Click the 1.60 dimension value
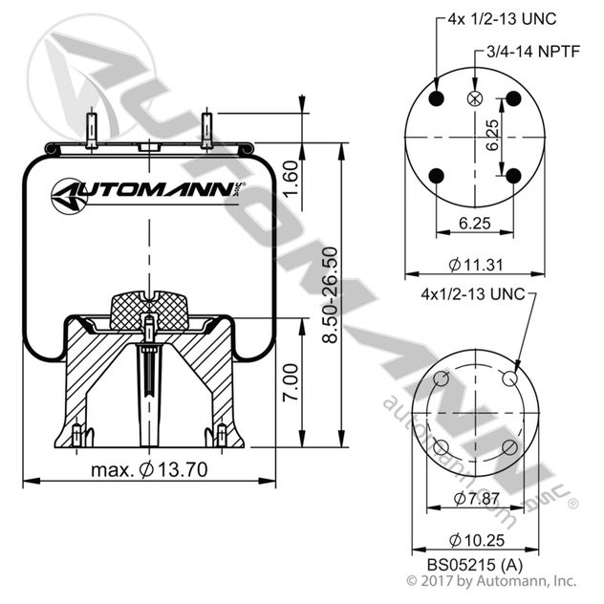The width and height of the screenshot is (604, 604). pos(291,178)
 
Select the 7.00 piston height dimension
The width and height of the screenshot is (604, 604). pos(291,382)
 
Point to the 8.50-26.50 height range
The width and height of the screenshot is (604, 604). pos(331,295)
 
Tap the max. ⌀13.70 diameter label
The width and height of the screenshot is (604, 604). pos(149,469)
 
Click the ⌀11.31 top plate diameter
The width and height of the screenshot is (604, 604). pos(476,265)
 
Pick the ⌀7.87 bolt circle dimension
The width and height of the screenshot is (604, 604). pos(477,499)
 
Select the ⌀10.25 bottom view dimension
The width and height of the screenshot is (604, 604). pos(477,540)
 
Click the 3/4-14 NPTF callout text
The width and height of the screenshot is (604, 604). pos(533,52)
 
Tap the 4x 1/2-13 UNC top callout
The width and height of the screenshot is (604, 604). pos(502,18)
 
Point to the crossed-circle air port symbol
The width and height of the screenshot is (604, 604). pos(475,98)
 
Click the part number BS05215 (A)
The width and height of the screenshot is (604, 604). pos(475,565)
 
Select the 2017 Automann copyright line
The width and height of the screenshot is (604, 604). pos(491,581)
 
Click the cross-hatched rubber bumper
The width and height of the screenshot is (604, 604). pos(149,311)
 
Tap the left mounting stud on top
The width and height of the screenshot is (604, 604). pos(92,128)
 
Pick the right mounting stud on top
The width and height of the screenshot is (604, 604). pos(206,128)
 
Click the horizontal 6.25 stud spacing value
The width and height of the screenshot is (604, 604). pos(475,223)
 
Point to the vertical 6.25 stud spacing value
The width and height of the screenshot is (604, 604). pos(491,135)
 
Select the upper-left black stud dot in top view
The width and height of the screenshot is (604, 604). pos(436,98)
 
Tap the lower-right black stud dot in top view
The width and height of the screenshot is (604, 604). pos(513,176)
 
